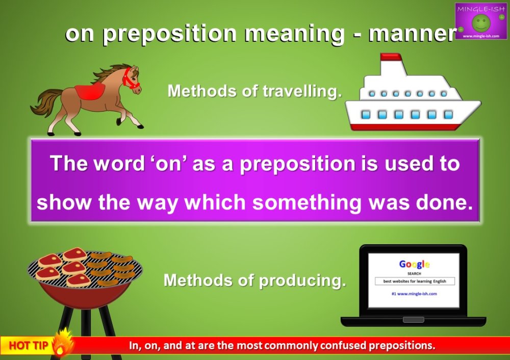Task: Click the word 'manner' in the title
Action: (x=412, y=34)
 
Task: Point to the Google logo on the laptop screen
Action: (x=414, y=264)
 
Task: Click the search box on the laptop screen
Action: (x=414, y=281)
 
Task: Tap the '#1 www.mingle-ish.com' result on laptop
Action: (x=414, y=294)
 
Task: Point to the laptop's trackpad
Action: (x=413, y=320)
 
